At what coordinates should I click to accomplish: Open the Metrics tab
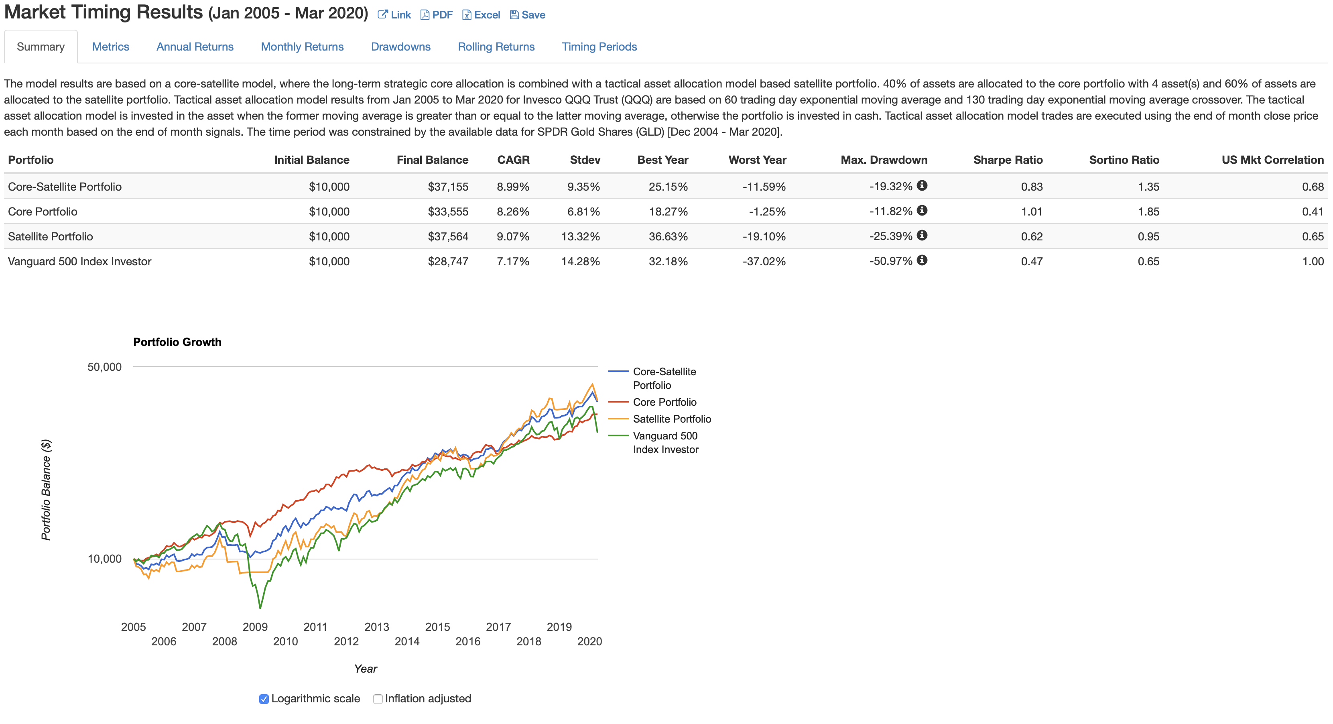tap(110, 47)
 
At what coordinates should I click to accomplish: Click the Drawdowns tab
tap(400, 47)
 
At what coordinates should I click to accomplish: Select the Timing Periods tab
tap(599, 47)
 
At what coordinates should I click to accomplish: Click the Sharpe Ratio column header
tap(1008, 160)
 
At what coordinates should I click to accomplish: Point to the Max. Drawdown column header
tap(884, 160)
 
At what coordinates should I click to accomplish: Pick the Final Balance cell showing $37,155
tap(448, 187)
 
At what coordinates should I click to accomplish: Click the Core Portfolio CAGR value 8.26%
tap(513, 212)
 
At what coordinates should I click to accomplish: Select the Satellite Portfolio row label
tap(51, 236)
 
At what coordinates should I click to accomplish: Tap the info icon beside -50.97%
tap(922, 260)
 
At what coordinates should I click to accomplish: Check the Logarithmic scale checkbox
tap(264, 699)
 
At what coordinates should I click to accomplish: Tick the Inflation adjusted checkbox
tap(378, 699)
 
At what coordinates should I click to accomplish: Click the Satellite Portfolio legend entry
tap(672, 419)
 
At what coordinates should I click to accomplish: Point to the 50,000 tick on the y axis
tap(104, 367)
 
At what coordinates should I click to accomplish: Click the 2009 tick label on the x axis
tap(255, 627)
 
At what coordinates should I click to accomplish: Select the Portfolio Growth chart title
tap(177, 342)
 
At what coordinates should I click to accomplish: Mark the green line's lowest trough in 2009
tap(260, 608)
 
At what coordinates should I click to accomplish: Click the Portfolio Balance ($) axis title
tap(46, 490)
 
